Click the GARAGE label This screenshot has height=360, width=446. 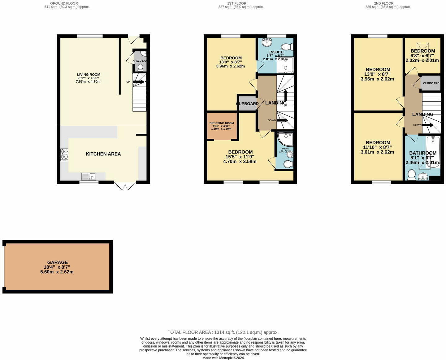click(57, 262)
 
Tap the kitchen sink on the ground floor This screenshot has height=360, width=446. click(88, 176)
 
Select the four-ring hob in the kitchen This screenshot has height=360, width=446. click(64, 155)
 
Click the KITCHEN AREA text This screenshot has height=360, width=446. click(103, 154)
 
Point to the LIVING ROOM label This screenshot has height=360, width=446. click(89, 75)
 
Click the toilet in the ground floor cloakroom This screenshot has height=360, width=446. click(140, 67)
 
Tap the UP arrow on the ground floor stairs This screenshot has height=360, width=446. click(138, 82)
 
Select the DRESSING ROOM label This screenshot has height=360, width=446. click(222, 123)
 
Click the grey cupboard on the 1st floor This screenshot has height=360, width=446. click(248, 104)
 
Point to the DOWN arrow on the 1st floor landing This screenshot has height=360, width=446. click(282, 120)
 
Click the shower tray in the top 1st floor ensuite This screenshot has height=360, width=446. click(285, 65)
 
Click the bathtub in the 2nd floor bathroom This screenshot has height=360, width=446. click(433, 152)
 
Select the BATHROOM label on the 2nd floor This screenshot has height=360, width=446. click(423, 153)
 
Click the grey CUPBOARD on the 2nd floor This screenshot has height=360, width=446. click(431, 83)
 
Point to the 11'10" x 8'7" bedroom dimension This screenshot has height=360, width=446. click(378, 147)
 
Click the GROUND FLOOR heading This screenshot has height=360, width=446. click(64, 3)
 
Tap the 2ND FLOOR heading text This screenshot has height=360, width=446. click(384, 3)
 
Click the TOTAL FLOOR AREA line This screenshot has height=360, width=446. click(223, 332)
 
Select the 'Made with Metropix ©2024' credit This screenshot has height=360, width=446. click(223, 358)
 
